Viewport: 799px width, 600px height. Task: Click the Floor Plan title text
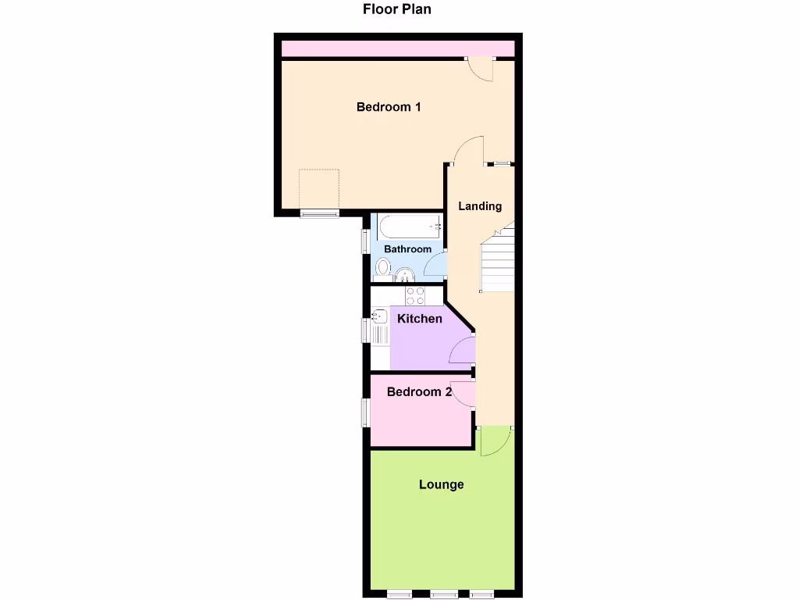tap(396, 9)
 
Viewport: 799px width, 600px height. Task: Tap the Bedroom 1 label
tap(389, 107)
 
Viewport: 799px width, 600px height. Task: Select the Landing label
tap(480, 206)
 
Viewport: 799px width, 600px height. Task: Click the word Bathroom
tap(407, 249)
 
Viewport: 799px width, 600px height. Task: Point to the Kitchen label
tap(420, 319)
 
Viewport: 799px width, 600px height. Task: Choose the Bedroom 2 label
tap(419, 392)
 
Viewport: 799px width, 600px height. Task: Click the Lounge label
tap(442, 484)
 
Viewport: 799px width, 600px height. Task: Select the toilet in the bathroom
tap(382, 268)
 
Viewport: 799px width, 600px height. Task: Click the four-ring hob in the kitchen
tap(415, 296)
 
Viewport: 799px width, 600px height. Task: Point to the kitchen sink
tap(379, 317)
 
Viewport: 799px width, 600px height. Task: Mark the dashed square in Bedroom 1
tap(320, 189)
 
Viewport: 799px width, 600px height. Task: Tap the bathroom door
tap(437, 266)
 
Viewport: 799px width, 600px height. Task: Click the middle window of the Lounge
tap(443, 594)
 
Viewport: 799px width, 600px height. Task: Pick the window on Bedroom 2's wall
tap(364, 412)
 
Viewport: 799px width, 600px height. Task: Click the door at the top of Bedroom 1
tap(481, 69)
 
